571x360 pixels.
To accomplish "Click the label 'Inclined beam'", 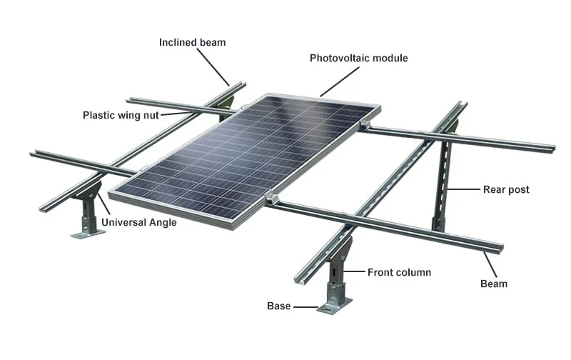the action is tap(192, 42).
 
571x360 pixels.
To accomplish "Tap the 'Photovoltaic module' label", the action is tap(358, 58).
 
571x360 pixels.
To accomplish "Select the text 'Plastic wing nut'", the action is tap(121, 114).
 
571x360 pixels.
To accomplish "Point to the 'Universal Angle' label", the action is tap(138, 222).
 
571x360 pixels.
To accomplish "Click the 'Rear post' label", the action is tap(506, 189).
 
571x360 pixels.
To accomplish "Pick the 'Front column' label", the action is tap(399, 272).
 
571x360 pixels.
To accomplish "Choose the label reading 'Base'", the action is tap(278, 306).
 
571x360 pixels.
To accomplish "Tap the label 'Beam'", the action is tap(493, 284).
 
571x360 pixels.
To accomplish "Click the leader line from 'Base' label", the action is tap(305, 306).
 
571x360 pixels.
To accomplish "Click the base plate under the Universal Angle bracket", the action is tap(84, 233).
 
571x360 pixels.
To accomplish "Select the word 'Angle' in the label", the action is tap(162, 222).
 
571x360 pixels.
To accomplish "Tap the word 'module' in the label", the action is tap(390, 58).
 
